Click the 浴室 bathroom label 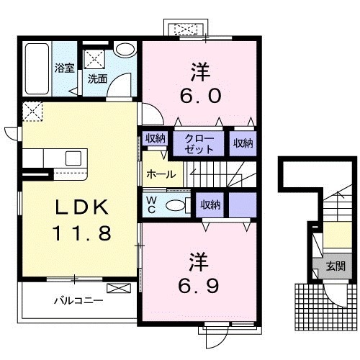pyautogui.click(x=64, y=68)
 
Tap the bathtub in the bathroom pyautogui.click(x=37, y=68)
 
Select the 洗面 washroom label pyautogui.click(x=97, y=79)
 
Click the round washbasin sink pyautogui.click(x=125, y=50)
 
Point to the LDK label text pyautogui.click(x=81, y=207)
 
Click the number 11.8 pyautogui.click(x=82, y=233)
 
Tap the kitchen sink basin pyautogui.click(x=73, y=158)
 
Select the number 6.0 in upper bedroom pyautogui.click(x=200, y=96)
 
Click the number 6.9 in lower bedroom pyautogui.click(x=199, y=286)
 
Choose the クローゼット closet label pyautogui.click(x=199, y=144)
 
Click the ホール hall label pyautogui.click(x=161, y=174)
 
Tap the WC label pyautogui.click(x=151, y=204)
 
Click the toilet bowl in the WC pyautogui.click(x=176, y=205)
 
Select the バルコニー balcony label pyautogui.click(x=78, y=300)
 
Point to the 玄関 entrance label pyautogui.click(x=336, y=266)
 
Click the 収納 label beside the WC pyautogui.click(x=210, y=204)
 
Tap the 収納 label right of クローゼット pyautogui.click(x=243, y=143)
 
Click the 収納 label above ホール pyautogui.click(x=156, y=138)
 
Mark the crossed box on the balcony pyautogui.click(x=119, y=288)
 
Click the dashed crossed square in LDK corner pyautogui.click(x=32, y=112)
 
